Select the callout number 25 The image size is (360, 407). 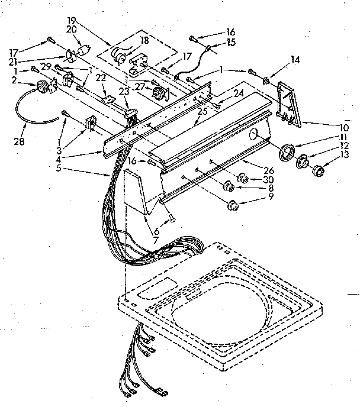point(202,109)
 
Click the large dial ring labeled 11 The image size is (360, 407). point(287,151)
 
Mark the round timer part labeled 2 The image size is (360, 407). point(42,88)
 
